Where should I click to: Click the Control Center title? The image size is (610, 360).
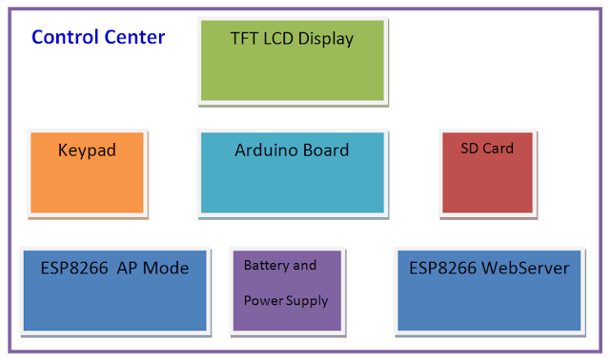coord(98,38)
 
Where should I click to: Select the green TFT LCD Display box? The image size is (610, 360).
coord(292,60)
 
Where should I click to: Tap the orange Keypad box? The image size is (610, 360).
coord(87,171)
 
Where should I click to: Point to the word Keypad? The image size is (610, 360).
coord(87,150)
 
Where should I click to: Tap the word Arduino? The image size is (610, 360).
coord(265,150)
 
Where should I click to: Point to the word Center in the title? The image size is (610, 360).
coord(134,38)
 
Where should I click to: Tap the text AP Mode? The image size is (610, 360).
coord(152,269)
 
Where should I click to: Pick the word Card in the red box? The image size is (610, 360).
coord(499,148)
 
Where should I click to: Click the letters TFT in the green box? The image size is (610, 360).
coord(244,39)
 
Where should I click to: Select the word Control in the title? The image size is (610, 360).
coord(64,38)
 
